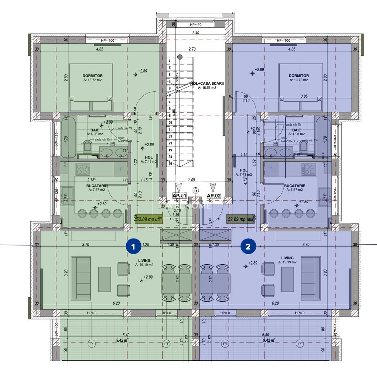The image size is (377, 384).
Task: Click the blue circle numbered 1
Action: [133, 246]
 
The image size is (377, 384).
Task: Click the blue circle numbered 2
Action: [248, 246]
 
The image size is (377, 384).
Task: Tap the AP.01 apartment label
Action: [179, 196]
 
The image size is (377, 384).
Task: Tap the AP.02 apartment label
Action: [214, 196]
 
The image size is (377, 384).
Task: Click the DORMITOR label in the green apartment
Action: [92, 76]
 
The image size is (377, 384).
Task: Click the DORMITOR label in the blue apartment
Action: [299, 76]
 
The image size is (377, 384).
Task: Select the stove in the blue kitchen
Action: [309, 169]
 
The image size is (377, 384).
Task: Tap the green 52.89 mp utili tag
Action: [149, 219]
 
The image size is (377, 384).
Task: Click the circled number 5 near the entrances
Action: [195, 190]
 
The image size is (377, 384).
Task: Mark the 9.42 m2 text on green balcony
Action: [122, 340]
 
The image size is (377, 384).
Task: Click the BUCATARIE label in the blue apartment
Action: [295, 186]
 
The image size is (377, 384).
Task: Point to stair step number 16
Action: [170, 163]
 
